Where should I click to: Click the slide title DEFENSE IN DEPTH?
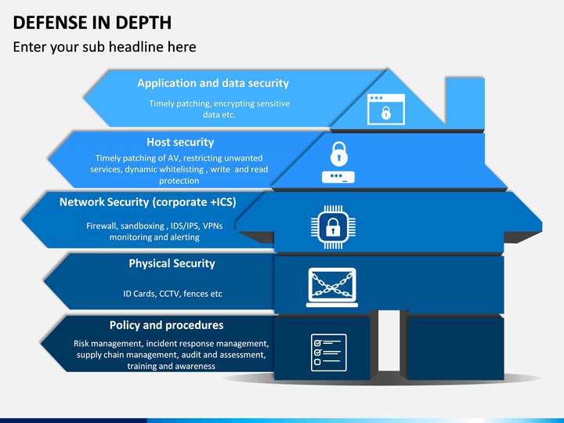tap(92, 23)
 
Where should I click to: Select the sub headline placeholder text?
tap(105, 47)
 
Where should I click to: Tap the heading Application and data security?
tap(213, 84)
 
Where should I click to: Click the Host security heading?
tap(180, 143)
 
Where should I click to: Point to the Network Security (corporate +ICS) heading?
tap(148, 202)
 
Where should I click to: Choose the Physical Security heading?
tap(172, 264)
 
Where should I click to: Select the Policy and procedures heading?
tap(167, 325)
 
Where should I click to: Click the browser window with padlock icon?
tap(386, 110)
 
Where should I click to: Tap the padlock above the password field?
tap(339, 154)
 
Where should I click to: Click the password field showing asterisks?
tap(338, 177)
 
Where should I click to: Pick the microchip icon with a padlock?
tap(333, 227)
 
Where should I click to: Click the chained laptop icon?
tap(332, 287)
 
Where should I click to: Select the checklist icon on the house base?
tap(329, 352)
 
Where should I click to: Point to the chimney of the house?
tap(465, 103)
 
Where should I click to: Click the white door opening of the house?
tap(389, 340)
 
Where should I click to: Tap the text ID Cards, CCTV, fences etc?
tap(172, 294)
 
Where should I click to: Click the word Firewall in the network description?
tap(102, 226)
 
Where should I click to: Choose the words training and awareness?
tap(172, 366)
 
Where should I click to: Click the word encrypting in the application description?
tap(227, 103)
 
